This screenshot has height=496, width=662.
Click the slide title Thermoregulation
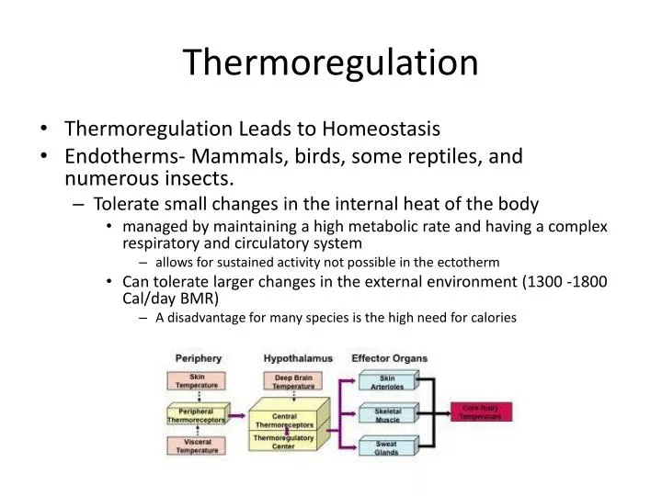click(330, 62)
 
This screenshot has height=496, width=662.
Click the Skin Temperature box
click(197, 380)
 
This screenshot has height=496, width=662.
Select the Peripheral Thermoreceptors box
click(196, 414)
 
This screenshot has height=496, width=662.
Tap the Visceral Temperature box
click(197, 446)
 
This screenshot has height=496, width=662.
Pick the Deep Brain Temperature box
click(292, 381)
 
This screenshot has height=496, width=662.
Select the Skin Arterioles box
click(386, 382)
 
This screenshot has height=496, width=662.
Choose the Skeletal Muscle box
click(386, 414)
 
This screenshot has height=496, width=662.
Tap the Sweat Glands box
click(386, 447)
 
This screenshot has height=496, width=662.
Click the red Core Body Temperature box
click(480, 411)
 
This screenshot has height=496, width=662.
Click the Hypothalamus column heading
click(298, 357)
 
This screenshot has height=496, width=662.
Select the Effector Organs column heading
click(389, 357)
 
